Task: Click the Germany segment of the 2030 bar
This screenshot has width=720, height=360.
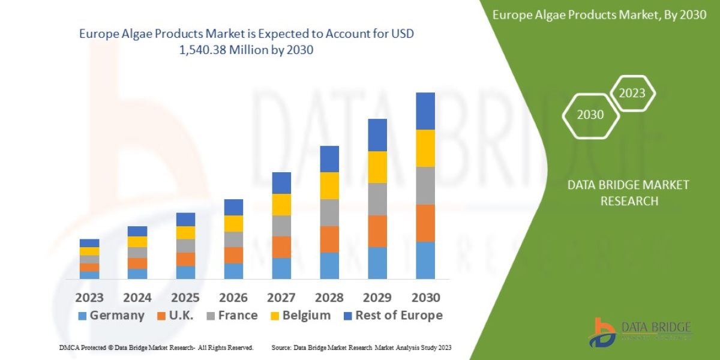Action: pos(425,260)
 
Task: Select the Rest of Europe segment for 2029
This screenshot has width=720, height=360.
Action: pos(377,135)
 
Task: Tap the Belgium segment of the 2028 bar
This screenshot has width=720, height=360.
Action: pos(329,185)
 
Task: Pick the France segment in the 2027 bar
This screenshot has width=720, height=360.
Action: pos(281,226)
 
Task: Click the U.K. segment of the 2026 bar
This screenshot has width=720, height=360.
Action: pos(233,255)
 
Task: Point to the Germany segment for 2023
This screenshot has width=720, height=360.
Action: pos(89,275)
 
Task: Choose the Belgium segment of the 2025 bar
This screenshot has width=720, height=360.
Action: pos(185,232)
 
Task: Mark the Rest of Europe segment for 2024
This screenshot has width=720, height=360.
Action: pos(137,231)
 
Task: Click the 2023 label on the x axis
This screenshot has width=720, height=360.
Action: pos(89,298)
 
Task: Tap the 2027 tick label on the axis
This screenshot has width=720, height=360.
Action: pos(281,298)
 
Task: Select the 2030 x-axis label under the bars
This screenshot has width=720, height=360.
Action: pos(425,298)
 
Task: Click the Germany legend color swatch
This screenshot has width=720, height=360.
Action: pos(82,316)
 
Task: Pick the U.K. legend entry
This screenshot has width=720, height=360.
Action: pos(175,316)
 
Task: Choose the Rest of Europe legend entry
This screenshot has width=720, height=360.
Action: pos(393,316)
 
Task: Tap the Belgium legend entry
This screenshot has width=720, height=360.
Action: pos(300,316)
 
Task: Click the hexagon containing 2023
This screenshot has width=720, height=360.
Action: pos(632,94)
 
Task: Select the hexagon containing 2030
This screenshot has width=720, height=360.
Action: pos(590,115)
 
